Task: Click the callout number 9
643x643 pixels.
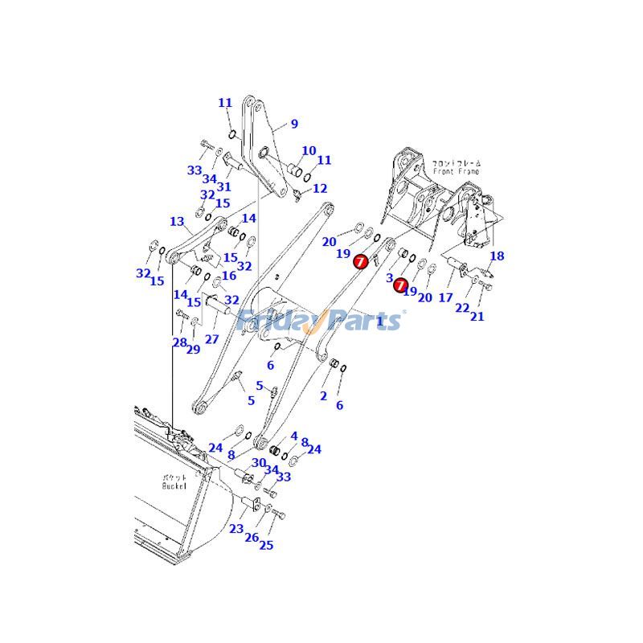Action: (294, 124)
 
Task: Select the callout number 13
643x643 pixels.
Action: (177, 222)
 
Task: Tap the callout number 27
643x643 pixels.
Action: (211, 339)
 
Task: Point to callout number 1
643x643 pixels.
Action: (379, 321)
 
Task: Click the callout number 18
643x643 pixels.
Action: (497, 256)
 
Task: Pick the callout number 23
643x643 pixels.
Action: (235, 529)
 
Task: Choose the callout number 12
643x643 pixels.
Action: (320, 189)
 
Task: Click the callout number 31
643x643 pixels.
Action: (223, 186)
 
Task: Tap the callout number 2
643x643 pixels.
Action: (323, 395)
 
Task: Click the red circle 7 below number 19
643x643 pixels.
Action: (361, 260)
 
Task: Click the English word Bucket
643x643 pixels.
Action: (174, 485)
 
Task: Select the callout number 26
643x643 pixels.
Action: (252, 537)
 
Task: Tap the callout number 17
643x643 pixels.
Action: (445, 298)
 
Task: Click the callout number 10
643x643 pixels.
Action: (309, 150)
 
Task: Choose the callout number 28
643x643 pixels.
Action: (179, 343)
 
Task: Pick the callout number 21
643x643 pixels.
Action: (477, 316)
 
